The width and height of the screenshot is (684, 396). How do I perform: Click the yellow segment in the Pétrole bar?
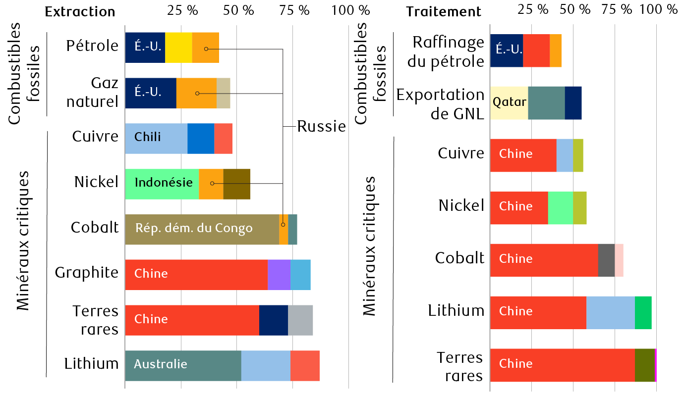tap(178, 48)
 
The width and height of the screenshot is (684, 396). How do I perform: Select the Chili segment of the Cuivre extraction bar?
tap(156, 137)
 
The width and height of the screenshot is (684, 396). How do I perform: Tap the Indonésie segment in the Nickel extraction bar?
tap(162, 184)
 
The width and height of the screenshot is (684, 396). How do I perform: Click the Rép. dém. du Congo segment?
tap(202, 229)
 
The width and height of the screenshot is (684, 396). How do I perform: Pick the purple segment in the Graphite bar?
tap(279, 275)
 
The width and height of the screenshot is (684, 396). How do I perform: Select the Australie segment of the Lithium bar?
tap(183, 365)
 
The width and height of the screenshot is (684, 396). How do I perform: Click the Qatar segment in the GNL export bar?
tap(509, 102)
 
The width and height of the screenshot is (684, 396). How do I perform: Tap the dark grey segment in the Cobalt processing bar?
tap(606, 260)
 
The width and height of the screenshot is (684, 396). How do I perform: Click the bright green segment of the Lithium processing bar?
tap(643, 312)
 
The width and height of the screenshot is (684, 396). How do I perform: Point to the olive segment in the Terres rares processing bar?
tap(644, 365)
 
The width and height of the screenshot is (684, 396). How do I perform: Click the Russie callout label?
tap(321, 127)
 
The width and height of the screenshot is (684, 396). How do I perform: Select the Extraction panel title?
tap(80, 12)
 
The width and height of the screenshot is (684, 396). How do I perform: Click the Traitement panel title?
tap(444, 12)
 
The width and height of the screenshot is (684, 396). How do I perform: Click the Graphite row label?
tap(87, 273)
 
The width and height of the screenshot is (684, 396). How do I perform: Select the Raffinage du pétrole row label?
tap(448, 51)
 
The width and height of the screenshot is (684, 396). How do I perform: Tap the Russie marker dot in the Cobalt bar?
tap(283, 225)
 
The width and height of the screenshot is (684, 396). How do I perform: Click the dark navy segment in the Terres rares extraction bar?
tap(273, 320)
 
